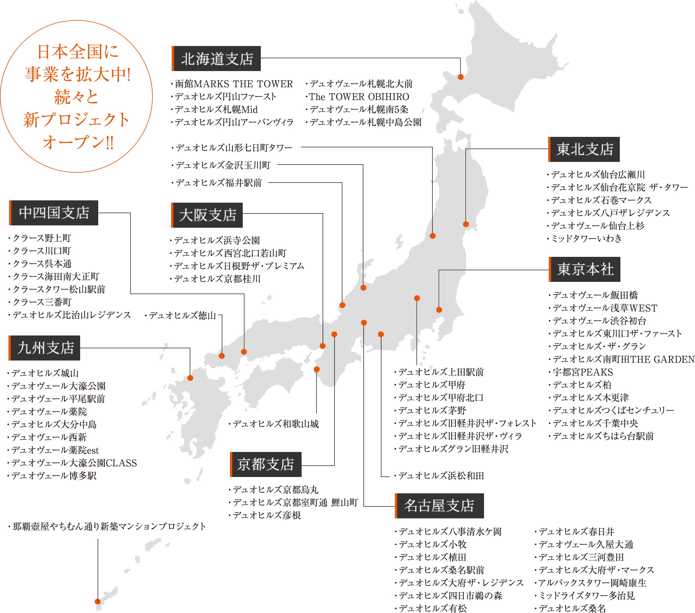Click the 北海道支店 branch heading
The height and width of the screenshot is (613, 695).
click(x=217, y=59)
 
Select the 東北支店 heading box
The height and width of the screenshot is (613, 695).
click(x=584, y=149)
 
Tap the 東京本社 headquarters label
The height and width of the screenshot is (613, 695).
click(x=585, y=269)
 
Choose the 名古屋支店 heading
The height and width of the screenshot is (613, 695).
click(x=439, y=506)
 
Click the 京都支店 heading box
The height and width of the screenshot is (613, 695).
click(x=265, y=464)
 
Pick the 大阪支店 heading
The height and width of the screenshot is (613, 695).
click(x=207, y=215)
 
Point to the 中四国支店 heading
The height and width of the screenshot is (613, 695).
click(x=54, y=213)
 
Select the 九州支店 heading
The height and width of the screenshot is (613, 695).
click(x=45, y=348)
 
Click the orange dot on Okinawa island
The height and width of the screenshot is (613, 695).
click(x=98, y=601)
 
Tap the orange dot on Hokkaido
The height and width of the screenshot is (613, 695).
click(x=461, y=77)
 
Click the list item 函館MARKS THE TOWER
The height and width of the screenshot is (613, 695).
click(x=234, y=84)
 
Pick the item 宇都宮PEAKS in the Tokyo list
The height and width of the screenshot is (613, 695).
click(x=583, y=372)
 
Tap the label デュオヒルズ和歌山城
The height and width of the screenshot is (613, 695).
click(x=275, y=424)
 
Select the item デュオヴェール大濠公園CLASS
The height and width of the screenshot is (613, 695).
click(x=74, y=463)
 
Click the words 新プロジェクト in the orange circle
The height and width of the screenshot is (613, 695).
click(x=77, y=120)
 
